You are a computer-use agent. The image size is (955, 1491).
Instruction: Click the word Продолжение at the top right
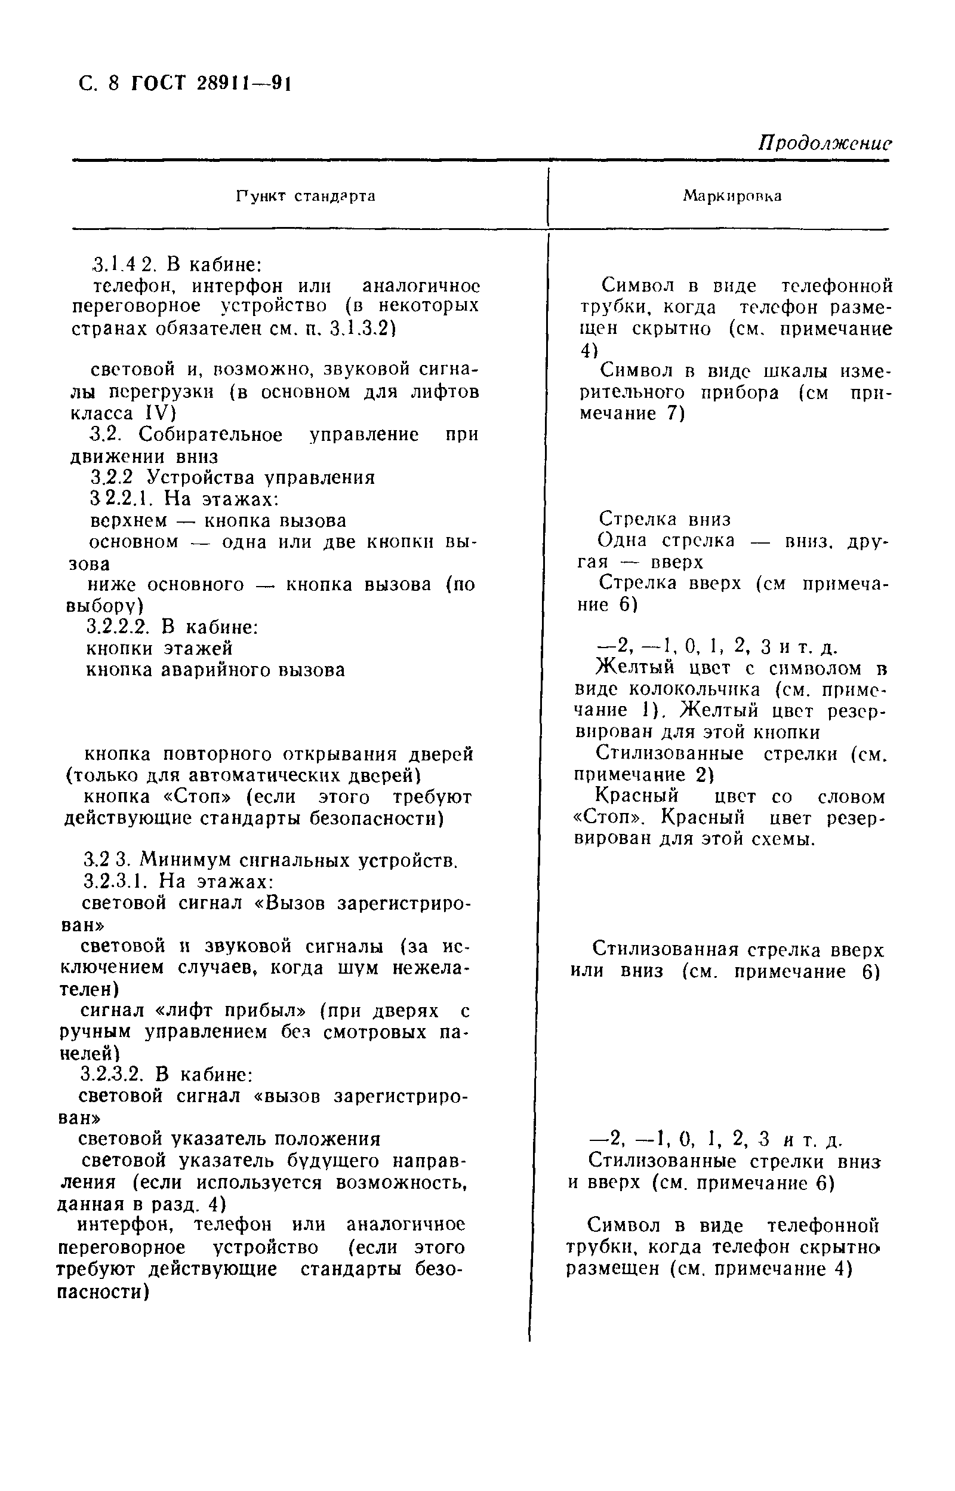click(x=825, y=144)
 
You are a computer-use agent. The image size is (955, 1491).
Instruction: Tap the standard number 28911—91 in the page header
click(x=244, y=82)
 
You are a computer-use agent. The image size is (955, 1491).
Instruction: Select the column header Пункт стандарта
click(x=306, y=197)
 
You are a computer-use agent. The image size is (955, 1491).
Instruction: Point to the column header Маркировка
click(x=732, y=197)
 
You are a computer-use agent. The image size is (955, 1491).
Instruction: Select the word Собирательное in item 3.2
click(x=211, y=434)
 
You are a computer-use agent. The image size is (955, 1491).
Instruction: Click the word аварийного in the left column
click(x=218, y=670)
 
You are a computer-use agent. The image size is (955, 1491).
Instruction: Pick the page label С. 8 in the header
click(x=98, y=82)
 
